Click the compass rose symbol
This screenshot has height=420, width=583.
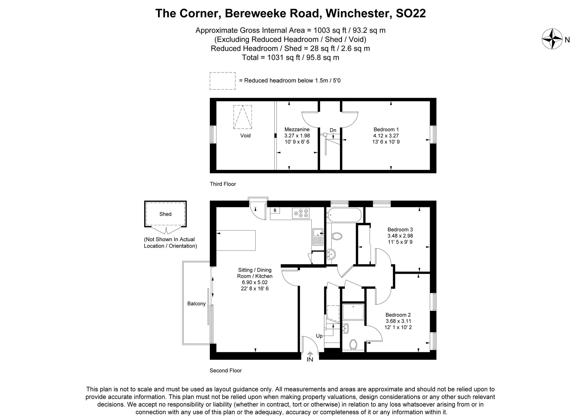pyautogui.click(x=552, y=39)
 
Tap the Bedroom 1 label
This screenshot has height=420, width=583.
pyautogui.click(x=386, y=129)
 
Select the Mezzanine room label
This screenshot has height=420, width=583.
pyautogui.click(x=297, y=129)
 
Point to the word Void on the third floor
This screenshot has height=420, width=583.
pyautogui.click(x=245, y=135)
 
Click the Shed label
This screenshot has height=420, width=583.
pyautogui.click(x=165, y=214)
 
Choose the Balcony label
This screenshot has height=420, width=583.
pyautogui.click(x=196, y=304)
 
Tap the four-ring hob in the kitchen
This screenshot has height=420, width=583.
pyautogui.click(x=301, y=213)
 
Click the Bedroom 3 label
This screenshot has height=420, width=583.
pyautogui.click(x=400, y=229)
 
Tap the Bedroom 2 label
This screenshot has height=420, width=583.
pyautogui.click(x=398, y=315)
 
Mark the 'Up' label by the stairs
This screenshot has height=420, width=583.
pyautogui.click(x=319, y=336)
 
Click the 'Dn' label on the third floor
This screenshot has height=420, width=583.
pyautogui.click(x=333, y=130)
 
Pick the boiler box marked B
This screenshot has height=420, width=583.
pyautogui.click(x=275, y=210)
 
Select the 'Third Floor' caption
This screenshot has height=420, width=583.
pyautogui.click(x=223, y=184)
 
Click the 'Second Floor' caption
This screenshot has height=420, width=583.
pyautogui.click(x=226, y=370)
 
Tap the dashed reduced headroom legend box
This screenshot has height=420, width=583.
pyautogui.click(x=222, y=81)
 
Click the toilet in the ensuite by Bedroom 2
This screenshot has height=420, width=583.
pyautogui.click(x=353, y=344)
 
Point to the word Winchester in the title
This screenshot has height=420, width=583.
pyautogui.click(x=359, y=13)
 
